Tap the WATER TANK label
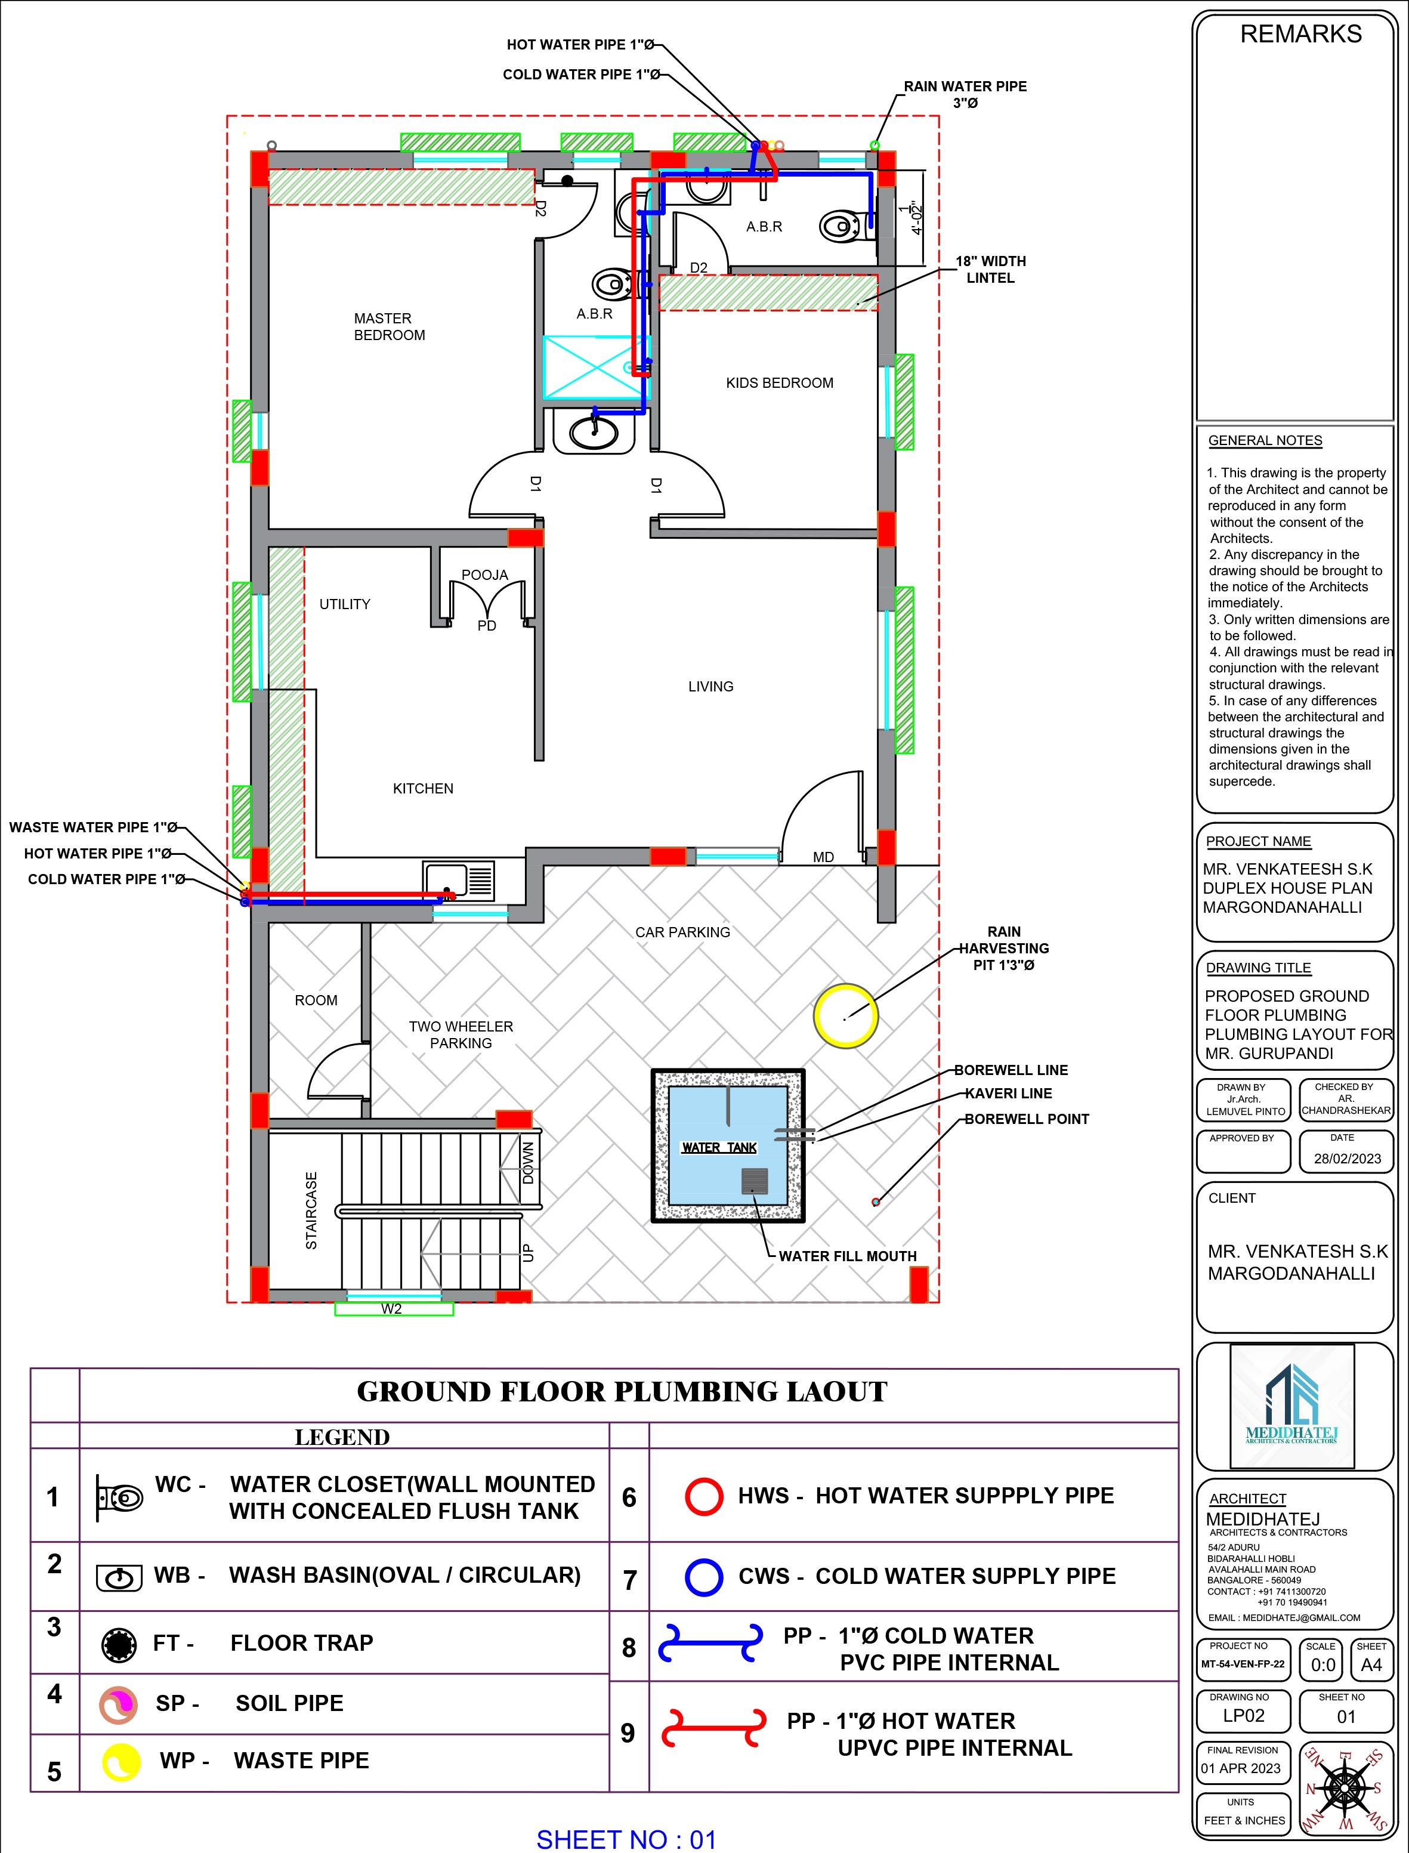pos(719,1147)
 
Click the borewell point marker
pos(876,1202)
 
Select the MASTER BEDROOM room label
pos(389,326)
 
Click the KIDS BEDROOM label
pos(779,382)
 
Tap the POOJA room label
pos(485,575)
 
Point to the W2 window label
pos(392,1308)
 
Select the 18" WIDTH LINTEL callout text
pos(990,269)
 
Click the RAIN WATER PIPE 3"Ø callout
pos(965,94)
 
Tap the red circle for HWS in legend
pos(704,1496)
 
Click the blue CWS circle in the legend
pos(704,1577)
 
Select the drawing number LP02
pos(1243,1716)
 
